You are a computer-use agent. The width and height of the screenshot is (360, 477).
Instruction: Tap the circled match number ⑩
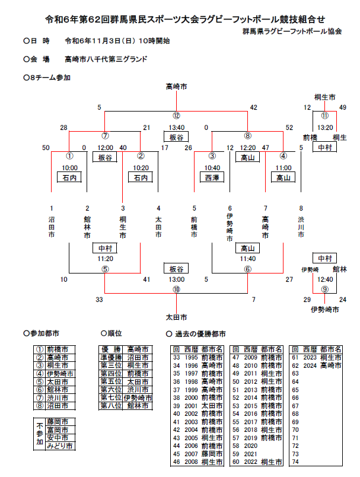click(176, 290)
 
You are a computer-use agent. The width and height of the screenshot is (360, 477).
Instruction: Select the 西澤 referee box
click(212, 177)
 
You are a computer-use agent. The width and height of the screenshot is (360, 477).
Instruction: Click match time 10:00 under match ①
click(69, 168)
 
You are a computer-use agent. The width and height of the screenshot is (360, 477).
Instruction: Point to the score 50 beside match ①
click(46, 148)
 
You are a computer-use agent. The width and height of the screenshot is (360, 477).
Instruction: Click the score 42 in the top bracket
click(253, 107)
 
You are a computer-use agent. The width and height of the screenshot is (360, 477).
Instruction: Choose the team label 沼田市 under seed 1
click(52, 227)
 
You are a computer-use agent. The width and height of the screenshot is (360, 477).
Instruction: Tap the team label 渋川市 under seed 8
click(301, 227)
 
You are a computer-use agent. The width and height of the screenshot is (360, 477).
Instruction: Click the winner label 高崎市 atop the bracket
click(176, 87)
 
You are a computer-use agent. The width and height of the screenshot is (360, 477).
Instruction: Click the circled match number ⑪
click(324, 116)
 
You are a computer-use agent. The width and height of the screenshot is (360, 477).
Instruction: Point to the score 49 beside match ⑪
click(342, 107)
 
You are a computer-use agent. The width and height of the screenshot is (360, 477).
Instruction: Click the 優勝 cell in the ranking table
click(111, 350)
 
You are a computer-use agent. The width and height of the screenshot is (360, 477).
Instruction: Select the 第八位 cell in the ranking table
click(111, 406)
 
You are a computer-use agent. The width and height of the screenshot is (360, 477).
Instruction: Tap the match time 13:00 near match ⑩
click(176, 279)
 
